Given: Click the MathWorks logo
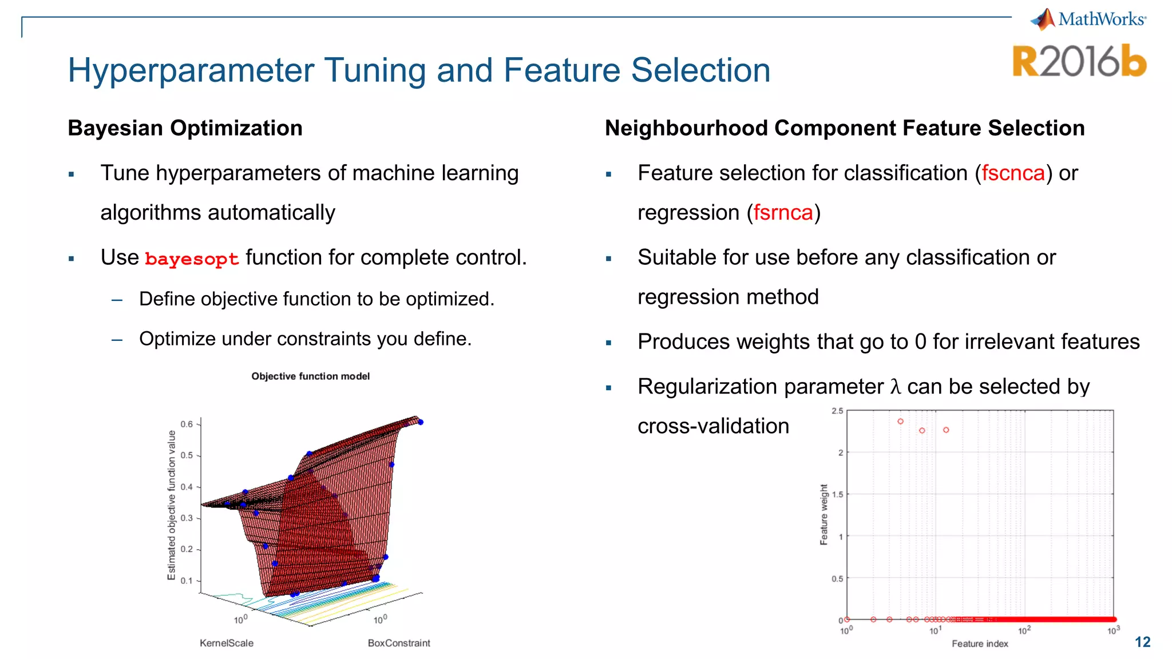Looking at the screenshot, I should tap(1087, 19).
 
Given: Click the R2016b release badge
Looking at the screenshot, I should tap(1079, 61).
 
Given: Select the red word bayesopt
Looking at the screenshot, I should tap(192, 259).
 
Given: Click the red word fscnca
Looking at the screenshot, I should tap(1013, 173).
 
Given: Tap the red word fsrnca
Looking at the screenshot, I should tap(783, 213).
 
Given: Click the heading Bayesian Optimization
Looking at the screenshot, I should tap(185, 128).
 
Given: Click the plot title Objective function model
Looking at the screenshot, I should tap(310, 376).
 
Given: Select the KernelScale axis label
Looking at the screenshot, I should tap(226, 643).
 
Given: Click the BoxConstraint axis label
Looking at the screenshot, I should tap(399, 643).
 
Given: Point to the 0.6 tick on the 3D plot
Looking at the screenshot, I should tap(187, 424).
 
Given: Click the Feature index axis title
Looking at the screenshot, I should tap(980, 644).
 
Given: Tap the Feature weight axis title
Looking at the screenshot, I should tap(823, 514).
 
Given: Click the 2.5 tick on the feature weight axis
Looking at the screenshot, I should tap(837, 411).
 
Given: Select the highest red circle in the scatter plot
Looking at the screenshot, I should tap(900, 421).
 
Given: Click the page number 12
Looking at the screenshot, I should tap(1142, 642).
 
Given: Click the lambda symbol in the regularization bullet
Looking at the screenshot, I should tap(895, 387).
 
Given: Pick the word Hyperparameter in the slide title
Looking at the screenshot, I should tap(191, 70).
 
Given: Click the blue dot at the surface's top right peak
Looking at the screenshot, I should tap(421, 422).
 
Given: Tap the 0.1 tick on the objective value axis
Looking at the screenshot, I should tap(187, 581).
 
